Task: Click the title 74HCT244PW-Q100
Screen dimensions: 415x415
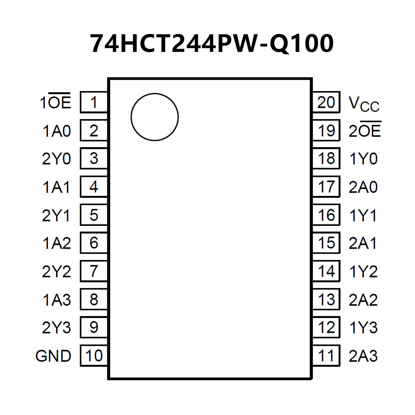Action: (x=211, y=44)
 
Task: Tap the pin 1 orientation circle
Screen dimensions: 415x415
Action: (x=154, y=117)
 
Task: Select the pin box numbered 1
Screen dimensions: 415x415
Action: (x=94, y=102)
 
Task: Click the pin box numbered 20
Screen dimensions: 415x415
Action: (x=326, y=102)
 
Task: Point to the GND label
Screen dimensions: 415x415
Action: (x=53, y=356)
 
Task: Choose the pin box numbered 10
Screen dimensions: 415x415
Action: (x=94, y=356)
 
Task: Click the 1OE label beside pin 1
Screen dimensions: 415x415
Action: (x=55, y=102)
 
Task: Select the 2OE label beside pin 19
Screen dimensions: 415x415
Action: (x=365, y=130)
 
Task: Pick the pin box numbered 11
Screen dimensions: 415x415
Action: (x=326, y=356)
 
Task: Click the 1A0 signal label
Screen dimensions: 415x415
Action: (x=57, y=131)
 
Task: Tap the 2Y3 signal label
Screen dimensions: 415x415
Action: (x=56, y=327)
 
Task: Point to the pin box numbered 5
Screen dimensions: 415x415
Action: (x=94, y=215)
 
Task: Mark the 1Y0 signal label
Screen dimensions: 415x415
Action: (x=363, y=159)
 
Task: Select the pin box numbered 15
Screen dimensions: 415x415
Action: (x=326, y=243)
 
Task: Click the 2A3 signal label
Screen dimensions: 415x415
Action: (x=363, y=356)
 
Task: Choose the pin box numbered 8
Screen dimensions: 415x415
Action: (x=94, y=299)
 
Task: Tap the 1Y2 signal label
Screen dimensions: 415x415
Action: (x=363, y=271)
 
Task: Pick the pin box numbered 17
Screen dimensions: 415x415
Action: (x=326, y=187)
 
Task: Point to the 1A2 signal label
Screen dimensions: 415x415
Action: (x=57, y=243)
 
